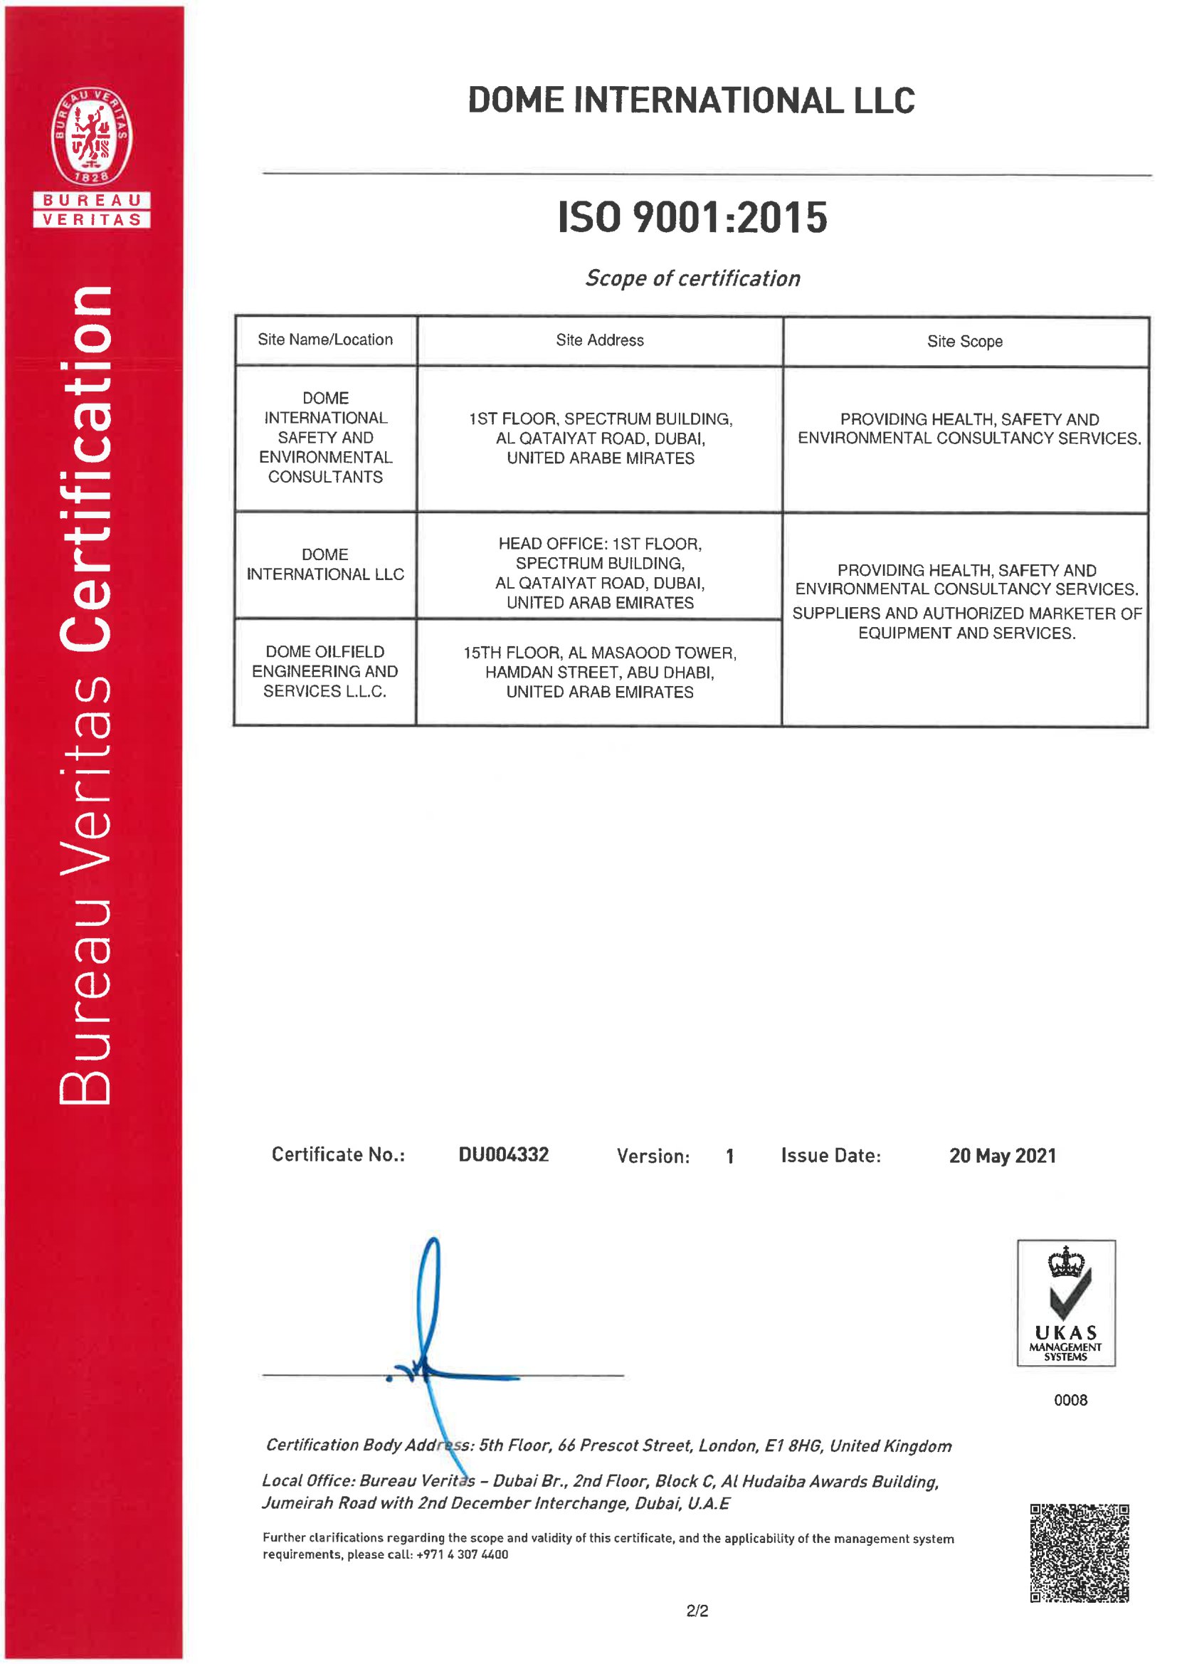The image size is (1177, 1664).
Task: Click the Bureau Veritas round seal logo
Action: [x=91, y=135]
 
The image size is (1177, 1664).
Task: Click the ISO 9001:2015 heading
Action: [x=692, y=217]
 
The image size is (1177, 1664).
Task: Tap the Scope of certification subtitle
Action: [x=692, y=278]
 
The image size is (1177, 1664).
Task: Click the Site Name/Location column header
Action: [x=325, y=340]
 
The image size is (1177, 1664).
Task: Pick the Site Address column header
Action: [x=599, y=341]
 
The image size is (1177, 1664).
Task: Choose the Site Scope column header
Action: [x=965, y=342]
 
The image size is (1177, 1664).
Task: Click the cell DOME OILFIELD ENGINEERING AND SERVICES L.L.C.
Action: [x=324, y=671]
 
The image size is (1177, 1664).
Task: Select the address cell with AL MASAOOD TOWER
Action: [x=599, y=672]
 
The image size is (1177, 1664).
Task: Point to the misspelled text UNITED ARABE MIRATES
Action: [x=600, y=458]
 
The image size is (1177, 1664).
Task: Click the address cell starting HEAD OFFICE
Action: [x=599, y=572]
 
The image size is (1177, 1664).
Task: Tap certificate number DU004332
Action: [x=504, y=1154]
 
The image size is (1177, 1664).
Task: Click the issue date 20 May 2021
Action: [x=1003, y=1156]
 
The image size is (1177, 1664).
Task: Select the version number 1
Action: [x=730, y=1157]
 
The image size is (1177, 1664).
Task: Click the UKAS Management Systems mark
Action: [x=1065, y=1302]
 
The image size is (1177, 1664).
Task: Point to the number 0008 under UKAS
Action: [x=1070, y=1400]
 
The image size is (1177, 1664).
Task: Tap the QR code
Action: [x=1080, y=1552]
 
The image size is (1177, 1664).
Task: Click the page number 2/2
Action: [x=697, y=1611]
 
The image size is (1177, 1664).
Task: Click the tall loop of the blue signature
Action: [x=430, y=1297]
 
